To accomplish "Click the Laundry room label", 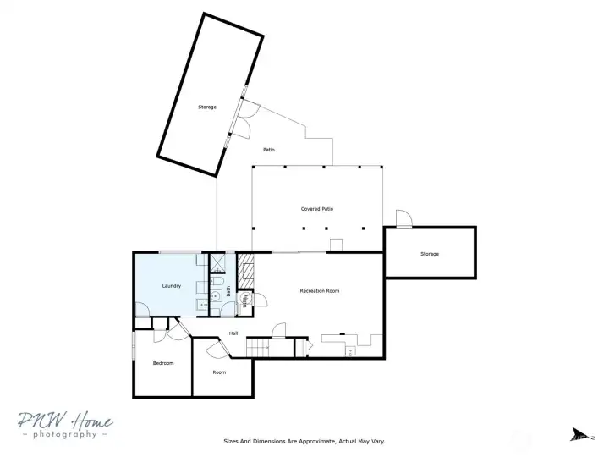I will tap(172, 286).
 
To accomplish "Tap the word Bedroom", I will tap(162, 363).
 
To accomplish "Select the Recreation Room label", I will tap(320, 291).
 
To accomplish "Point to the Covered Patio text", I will tap(317, 208).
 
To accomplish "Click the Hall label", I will tap(233, 333).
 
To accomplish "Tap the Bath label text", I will tap(228, 289).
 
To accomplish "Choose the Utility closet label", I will tap(245, 300).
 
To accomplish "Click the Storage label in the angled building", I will tap(207, 107).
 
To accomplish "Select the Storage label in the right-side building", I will tap(430, 254).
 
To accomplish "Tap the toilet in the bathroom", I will tap(217, 281).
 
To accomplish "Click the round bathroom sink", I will tap(215, 296).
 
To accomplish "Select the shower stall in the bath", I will tap(217, 262).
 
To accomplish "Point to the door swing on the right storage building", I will tap(404, 219).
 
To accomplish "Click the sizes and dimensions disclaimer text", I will tap(304, 441).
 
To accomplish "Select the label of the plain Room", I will tap(219, 372).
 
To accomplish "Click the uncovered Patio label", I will tap(268, 150).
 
